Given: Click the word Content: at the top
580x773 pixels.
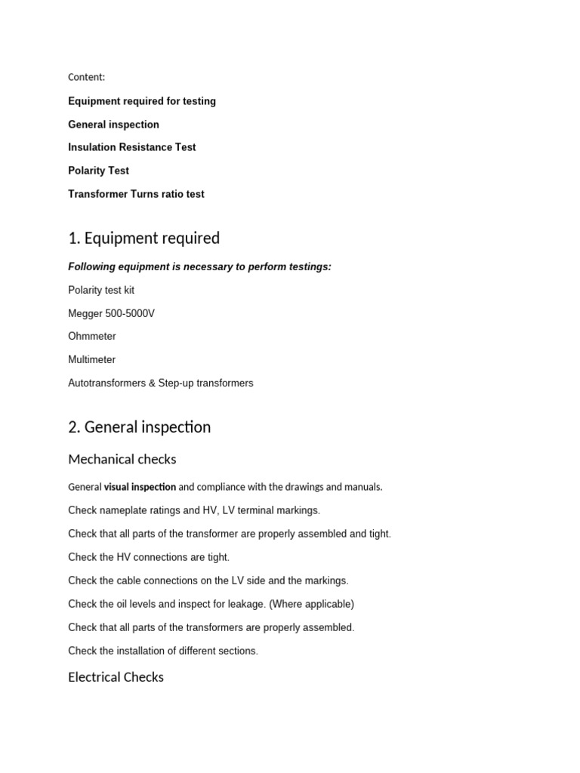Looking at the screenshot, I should pyautogui.click(x=87, y=77).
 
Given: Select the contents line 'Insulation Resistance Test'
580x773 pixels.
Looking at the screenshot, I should pyautogui.click(x=132, y=147).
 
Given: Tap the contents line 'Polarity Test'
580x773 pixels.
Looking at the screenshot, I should pyautogui.click(x=98, y=171).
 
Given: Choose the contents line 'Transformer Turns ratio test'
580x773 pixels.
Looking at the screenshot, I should pyautogui.click(x=136, y=194).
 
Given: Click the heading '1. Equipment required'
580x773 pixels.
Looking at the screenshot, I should pyautogui.click(x=143, y=239).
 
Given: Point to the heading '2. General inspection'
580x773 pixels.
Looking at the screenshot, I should pyautogui.click(x=139, y=427).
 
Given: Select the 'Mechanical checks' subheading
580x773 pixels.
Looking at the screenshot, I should pyautogui.click(x=122, y=459).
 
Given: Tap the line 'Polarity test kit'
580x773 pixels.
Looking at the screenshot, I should pyautogui.click(x=101, y=290).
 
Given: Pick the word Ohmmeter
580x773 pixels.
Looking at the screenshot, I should pyautogui.click(x=92, y=336).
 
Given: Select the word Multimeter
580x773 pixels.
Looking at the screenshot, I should pyautogui.click(x=92, y=359).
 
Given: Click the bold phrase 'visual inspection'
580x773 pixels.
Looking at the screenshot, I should pyautogui.click(x=140, y=487).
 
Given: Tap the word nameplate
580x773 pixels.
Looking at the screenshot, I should pyautogui.click(x=122, y=510).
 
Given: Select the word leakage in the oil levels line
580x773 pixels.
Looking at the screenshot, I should pyautogui.click(x=247, y=604).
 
